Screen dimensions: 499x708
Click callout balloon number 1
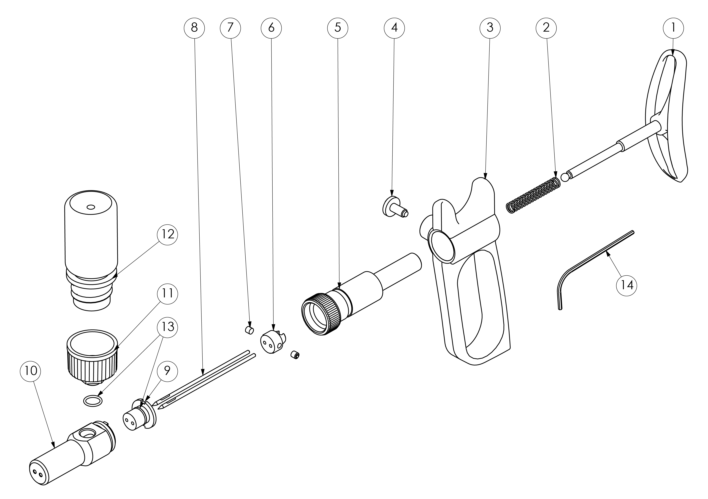click(673, 28)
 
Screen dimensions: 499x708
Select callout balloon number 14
click(626, 285)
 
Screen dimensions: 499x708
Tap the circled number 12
click(167, 235)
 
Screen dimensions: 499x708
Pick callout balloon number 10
click(31, 371)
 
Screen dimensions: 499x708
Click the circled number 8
click(194, 28)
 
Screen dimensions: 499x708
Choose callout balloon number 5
click(338, 28)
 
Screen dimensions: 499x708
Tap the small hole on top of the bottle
click(90, 207)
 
